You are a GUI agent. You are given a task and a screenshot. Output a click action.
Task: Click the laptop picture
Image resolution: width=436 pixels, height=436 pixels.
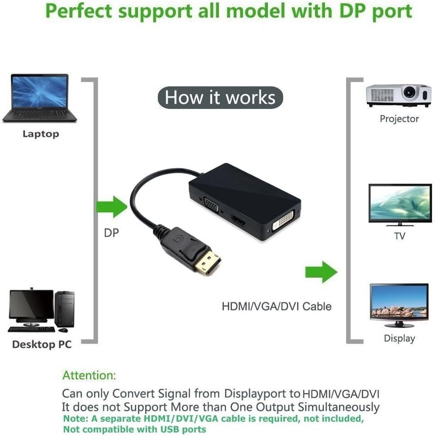click(x=40, y=98)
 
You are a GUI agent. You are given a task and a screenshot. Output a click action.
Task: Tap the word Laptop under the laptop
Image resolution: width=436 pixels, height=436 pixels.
click(x=41, y=134)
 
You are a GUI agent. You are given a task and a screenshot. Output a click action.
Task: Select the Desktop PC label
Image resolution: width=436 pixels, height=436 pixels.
click(x=42, y=344)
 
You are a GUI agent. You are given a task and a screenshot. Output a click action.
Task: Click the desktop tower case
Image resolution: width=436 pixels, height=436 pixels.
click(x=65, y=309)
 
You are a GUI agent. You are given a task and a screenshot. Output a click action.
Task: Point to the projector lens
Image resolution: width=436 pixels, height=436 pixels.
click(x=409, y=92)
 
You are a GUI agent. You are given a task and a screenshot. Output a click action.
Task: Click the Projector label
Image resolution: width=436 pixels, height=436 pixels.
click(x=399, y=119)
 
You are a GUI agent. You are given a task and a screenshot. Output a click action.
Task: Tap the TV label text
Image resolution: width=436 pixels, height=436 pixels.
click(x=400, y=236)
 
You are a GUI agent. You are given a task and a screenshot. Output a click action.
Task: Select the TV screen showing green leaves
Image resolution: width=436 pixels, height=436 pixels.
click(x=400, y=203)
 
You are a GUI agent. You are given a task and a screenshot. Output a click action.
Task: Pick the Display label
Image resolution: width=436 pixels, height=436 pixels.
click(x=399, y=338)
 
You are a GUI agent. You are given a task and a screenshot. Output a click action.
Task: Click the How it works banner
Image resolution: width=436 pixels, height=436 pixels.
click(x=220, y=98)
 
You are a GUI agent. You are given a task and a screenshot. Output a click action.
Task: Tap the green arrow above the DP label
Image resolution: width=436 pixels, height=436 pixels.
click(x=112, y=207)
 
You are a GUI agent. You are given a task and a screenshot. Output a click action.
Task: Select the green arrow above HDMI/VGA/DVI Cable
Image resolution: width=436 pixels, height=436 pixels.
click(x=321, y=272)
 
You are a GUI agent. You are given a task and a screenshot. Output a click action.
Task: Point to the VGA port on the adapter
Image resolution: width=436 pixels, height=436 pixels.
click(x=211, y=206)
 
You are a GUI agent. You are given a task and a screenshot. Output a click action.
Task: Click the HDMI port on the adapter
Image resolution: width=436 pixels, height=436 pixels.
click(x=238, y=221)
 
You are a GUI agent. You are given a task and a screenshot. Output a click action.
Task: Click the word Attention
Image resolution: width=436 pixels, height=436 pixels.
click(x=89, y=375)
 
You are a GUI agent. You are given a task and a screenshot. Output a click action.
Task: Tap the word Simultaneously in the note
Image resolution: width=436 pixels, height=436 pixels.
click(x=338, y=407)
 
